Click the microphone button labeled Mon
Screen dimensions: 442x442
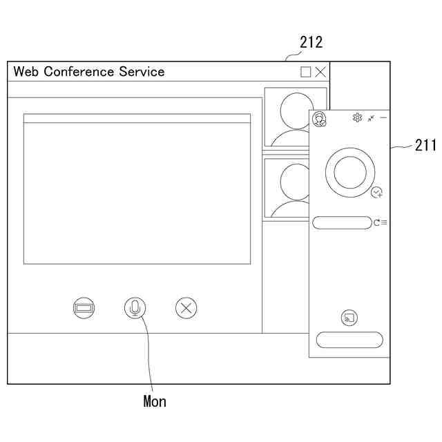tap(135, 307)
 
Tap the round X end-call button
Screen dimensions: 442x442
tap(186, 307)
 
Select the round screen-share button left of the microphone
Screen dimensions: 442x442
tap(84, 307)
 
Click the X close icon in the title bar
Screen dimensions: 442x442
tap(320, 72)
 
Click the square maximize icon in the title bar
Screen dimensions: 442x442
tap(306, 72)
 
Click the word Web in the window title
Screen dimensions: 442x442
tap(27, 72)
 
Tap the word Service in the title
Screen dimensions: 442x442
tap(142, 72)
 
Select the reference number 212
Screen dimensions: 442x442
tap(311, 43)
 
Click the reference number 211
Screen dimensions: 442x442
tap(425, 145)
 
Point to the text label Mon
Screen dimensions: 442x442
tap(155, 401)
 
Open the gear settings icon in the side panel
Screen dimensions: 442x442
tap(357, 118)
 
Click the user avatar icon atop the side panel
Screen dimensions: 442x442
tap(319, 119)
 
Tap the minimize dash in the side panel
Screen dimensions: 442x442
tap(383, 118)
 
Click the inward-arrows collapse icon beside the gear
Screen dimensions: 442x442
tap(371, 118)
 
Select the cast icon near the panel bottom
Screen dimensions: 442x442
tap(349, 318)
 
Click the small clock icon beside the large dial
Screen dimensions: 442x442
tap(376, 193)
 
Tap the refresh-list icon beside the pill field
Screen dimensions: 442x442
tap(380, 222)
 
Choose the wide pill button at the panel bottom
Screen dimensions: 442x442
tap(349, 340)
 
